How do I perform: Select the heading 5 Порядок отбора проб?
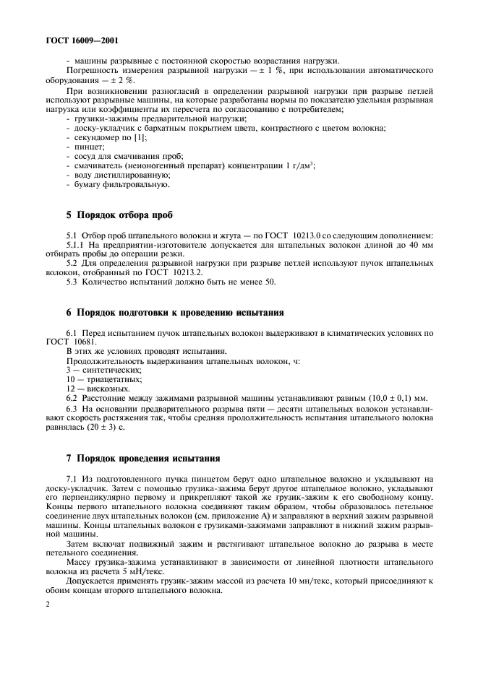point(117,214)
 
